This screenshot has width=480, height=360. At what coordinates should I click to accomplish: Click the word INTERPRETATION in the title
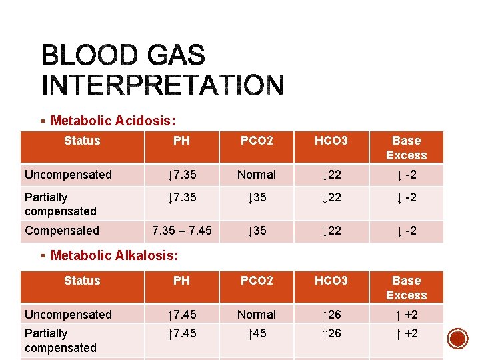tap(163, 85)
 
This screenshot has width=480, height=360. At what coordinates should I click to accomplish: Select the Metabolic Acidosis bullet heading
tap(113, 121)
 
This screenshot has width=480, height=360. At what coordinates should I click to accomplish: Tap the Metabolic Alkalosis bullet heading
tap(114, 255)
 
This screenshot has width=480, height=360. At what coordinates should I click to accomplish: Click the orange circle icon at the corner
tap(457, 339)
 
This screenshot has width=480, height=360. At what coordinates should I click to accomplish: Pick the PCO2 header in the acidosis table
tap(257, 141)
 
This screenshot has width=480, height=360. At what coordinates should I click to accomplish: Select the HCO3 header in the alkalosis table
tap(331, 281)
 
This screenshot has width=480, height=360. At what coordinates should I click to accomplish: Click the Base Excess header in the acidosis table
tap(406, 148)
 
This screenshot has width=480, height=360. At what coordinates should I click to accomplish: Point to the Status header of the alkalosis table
tap(82, 281)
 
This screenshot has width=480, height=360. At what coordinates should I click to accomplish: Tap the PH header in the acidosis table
tap(181, 141)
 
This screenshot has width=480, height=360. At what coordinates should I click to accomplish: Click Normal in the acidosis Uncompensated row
tap(257, 175)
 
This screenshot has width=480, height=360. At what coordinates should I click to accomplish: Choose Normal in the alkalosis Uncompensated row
tap(257, 315)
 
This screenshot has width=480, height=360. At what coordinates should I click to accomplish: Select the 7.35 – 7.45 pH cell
tap(181, 231)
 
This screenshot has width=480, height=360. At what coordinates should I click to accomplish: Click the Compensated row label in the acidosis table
tap(61, 231)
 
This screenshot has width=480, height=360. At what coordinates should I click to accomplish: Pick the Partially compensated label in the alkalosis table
tap(61, 340)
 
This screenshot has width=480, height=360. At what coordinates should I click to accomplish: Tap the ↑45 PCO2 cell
tap(257, 333)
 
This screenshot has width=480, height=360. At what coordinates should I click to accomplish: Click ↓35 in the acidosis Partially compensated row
tap(257, 197)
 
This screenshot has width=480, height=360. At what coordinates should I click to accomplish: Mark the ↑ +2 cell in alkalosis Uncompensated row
tap(406, 315)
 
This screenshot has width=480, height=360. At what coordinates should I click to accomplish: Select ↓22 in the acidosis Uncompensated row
tap(331, 175)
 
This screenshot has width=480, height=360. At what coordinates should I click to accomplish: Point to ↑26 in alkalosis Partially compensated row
tap(331, 333)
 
